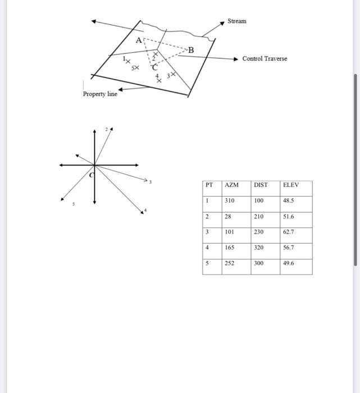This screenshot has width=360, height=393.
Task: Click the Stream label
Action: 236,21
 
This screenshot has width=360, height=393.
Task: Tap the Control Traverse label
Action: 265,59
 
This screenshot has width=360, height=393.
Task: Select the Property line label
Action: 100,94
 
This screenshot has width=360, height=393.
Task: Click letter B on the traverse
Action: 190,50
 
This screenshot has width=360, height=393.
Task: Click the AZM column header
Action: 231,185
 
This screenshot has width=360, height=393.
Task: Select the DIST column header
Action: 261,185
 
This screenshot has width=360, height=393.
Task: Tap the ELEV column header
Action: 291,185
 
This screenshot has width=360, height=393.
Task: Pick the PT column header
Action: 209,185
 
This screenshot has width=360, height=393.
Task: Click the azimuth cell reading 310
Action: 229,200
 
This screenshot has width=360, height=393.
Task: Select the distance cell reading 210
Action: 259,216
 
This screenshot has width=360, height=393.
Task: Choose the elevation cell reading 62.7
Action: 289,232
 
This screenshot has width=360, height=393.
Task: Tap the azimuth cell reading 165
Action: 229,248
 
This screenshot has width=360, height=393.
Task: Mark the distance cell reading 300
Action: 259,263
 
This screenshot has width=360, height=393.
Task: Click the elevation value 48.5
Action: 289,200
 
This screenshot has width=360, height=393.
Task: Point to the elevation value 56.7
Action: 289,248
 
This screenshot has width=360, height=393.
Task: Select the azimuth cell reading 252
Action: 229,263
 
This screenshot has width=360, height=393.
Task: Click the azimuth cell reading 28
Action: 227,216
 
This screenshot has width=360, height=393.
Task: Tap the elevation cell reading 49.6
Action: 289,263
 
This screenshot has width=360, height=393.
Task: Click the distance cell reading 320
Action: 259,248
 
